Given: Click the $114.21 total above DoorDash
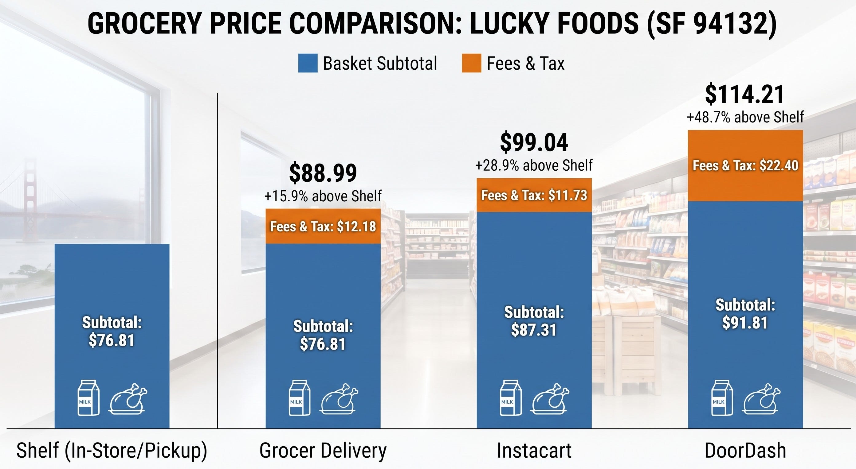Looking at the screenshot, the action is coord(745,95).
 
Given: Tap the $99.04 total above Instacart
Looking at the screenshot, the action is coord(534,143).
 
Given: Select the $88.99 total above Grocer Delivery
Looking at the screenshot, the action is coord(323,173).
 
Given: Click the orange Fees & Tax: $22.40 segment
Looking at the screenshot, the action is coord(745,166).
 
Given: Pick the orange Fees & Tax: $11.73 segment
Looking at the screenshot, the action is coord(534,195).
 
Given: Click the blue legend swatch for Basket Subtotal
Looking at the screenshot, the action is coord(308,63).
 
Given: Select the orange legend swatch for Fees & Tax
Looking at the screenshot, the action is coord(471,63).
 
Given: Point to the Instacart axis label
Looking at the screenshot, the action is coord(534,450).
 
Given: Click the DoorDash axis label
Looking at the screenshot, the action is coord(745,450).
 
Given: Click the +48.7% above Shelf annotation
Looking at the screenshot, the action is coord(745,117).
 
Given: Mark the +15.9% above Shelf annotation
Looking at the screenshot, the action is coord(323,196).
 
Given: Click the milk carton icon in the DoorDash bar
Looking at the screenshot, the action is coord(722,398).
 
